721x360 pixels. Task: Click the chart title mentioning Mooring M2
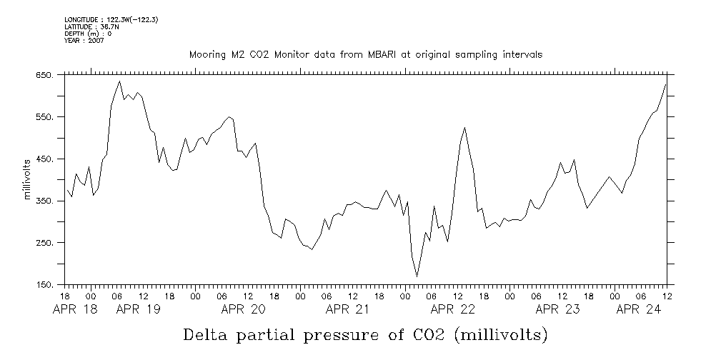[365, 54]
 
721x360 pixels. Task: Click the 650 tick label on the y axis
[45, 75]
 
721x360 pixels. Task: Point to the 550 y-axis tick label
[45, 117]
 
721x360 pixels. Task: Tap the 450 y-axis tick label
[45, 159]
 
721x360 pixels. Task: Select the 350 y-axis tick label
[45, 201]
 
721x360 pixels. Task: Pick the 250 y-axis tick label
[45, 244]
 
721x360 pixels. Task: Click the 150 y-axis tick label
[45, 286]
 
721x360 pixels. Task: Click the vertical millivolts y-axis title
[28, 180]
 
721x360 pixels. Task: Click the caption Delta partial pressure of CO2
[365, 334]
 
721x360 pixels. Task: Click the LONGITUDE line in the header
[111, 20]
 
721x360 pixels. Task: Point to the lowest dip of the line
[417, 276]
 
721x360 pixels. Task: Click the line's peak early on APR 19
[119, 81]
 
